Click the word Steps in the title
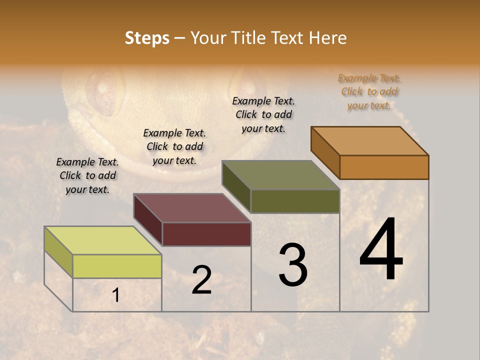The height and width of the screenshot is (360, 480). click(x=147, y=38)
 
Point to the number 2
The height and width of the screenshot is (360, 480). click(x=201, y=280)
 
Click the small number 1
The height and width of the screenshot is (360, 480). click(x=116, y=295)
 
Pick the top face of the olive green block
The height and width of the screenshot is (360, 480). click(x=281, y=175)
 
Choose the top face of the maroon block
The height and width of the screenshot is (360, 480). click(x=192, y=208)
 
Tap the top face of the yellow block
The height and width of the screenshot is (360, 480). click(x=103, y=240)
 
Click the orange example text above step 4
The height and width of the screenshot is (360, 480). click(x=369, y=91)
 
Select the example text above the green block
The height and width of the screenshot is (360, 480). click(x=263, y=114)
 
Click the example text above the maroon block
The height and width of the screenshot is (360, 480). click(x=174, y=146)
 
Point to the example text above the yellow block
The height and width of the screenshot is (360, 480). click(x=87, y=175)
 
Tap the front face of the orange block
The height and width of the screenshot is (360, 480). click(x=384, y=167)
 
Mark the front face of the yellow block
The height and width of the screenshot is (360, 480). click(x=117, y=266)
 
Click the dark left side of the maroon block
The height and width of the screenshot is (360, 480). click(x=148, y=220)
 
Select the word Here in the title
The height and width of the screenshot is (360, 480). click(x=328, y=38)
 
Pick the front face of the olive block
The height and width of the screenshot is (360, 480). click(x=295, y=201)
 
